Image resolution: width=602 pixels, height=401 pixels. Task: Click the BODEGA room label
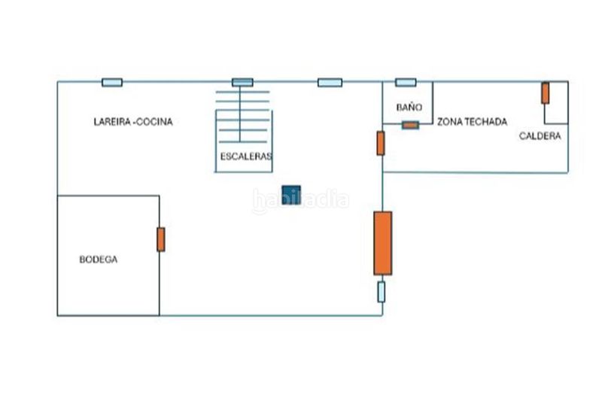tap(99, 260)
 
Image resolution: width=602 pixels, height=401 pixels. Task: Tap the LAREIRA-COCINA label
tap(133, 122)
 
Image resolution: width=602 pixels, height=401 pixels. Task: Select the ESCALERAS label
tap(246, 156)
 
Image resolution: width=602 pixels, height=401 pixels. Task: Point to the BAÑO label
tap(409, 108)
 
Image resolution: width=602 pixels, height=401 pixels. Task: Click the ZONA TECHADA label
tap(473, 122)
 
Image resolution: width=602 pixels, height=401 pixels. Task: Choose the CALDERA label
tap(540, 136)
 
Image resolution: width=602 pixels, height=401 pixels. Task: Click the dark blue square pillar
tap(291, 195)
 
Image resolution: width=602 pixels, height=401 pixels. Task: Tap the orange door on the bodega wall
tap(161, 239)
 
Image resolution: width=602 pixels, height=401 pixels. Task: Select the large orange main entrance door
tap(383, 243)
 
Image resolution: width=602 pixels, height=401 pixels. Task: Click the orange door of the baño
tap(410, 125)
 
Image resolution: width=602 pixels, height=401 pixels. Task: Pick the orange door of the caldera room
tap(545, 93)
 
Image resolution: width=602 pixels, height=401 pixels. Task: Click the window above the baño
tap(406, 82)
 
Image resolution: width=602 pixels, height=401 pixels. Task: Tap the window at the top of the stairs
tap(242, 82)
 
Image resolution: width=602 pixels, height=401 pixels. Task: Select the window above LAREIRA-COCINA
tap(112, 82)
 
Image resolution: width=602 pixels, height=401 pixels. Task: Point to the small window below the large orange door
tap(382, 292)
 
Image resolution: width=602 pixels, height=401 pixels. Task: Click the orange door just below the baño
tap(381, 143)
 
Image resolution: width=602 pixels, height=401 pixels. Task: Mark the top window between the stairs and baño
tap(330, 82)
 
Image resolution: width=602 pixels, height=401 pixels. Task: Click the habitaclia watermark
tap(301, 200)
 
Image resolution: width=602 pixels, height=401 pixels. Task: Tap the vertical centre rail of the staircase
tap(240, 114)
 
